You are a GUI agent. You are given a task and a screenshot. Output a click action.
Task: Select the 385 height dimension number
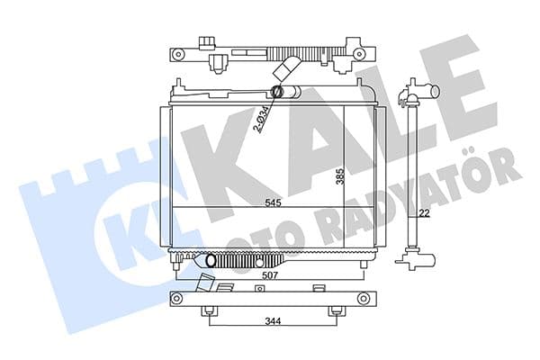pos(339,176)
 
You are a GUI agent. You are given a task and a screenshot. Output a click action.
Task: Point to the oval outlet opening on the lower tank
pos(212,261)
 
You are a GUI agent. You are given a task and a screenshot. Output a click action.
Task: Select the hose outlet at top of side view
pos(425,91)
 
